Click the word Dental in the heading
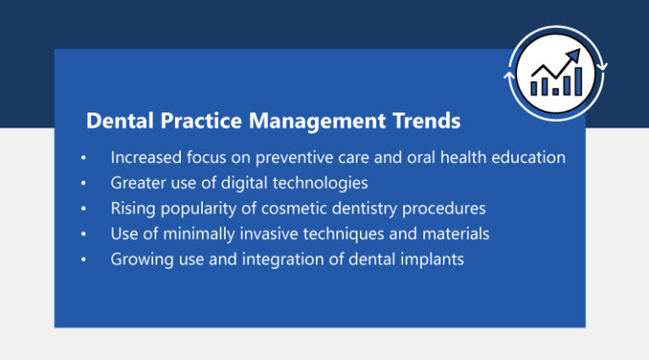click(x=117, y=121)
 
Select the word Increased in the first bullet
click(x=145, y=157)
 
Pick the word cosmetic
click(x=291, y=208)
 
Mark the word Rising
click(x=131, y=208)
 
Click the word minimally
click(x=200, y=233)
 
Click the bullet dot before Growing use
click(x=84, y=259)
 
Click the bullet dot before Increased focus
click(x=84, y=158)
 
